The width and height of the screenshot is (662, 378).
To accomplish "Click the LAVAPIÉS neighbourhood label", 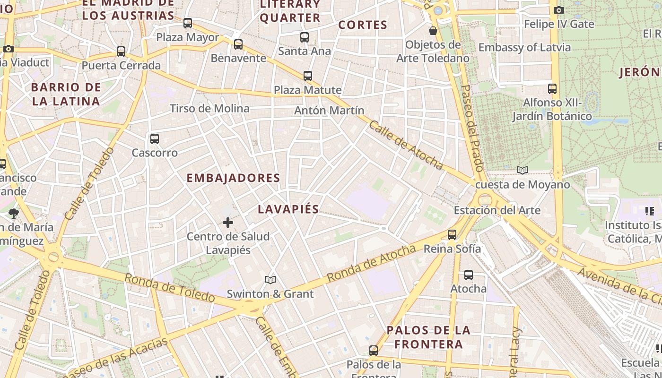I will point(288,209).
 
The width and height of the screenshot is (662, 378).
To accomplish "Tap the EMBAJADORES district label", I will point(234,178).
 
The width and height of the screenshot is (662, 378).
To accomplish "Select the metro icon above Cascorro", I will point(155,139).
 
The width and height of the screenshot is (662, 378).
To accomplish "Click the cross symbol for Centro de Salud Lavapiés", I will point(228,222).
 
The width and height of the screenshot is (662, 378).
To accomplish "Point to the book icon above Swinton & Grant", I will point(270,280).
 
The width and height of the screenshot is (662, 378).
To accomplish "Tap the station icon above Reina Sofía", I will point(452,234).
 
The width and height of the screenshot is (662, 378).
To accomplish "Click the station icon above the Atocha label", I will point(469,275).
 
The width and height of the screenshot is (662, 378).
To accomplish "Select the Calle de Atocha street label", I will point(406,145).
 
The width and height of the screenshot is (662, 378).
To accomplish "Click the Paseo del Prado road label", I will point(472,128).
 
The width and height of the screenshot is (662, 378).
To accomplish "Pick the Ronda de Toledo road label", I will point(170,287).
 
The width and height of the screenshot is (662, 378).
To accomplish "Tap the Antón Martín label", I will point(329,111).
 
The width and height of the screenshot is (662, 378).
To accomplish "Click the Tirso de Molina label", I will point(209,108).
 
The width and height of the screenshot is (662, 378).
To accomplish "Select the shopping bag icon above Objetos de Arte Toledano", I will point(433,31).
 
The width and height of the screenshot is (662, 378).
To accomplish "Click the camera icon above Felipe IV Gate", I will point(558,10).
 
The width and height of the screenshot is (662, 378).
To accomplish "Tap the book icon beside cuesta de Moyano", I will point(522,171).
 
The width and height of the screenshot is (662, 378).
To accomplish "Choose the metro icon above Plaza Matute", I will point(308,76).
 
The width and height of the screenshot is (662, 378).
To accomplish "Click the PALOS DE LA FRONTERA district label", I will point(429,337).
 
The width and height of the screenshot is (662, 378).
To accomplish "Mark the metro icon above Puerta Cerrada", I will point(121,51).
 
